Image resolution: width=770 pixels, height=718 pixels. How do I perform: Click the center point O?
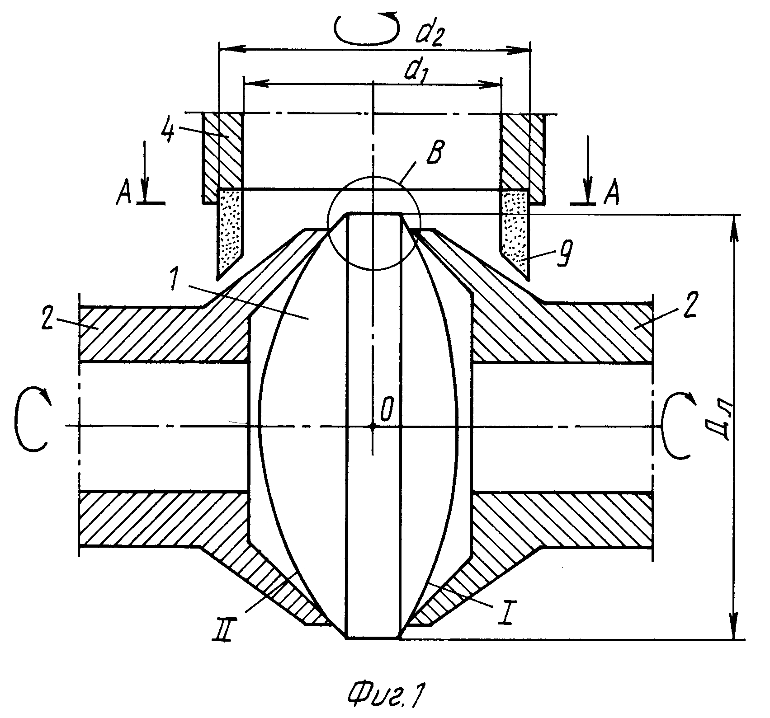coord(373,426)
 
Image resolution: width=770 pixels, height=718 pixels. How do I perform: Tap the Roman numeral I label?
coord(506,615)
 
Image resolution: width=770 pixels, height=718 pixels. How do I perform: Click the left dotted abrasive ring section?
coord(231,230)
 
